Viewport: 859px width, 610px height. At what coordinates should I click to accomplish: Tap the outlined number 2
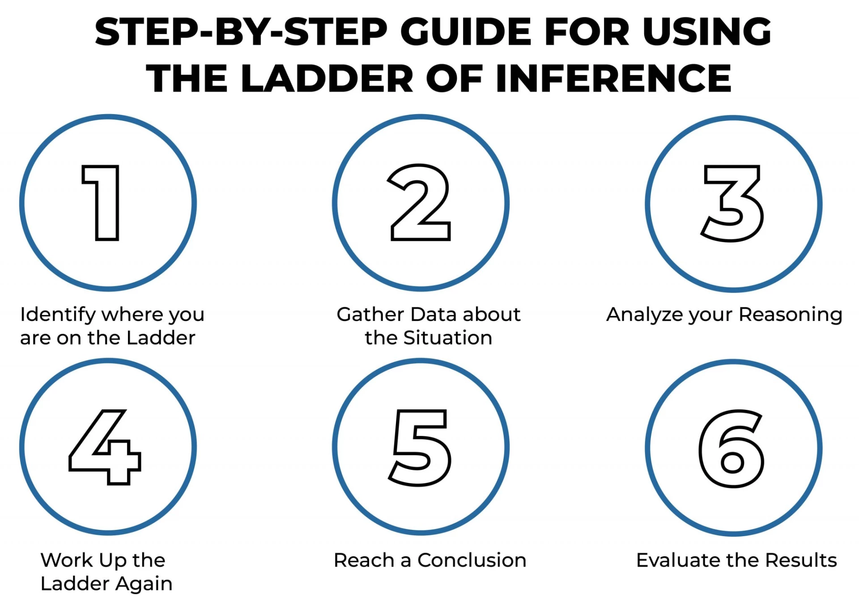coord(421,202)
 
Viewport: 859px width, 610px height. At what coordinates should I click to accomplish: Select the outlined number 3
coord(732,204)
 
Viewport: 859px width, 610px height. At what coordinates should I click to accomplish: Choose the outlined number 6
coord(732,448)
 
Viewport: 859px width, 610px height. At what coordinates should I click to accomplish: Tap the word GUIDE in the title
coord(466,32)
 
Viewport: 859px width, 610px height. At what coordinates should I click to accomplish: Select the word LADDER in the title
coord(327,78)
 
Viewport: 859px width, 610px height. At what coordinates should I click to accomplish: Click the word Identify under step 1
coord(58,315)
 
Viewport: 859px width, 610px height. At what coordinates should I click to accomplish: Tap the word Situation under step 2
coord(447,338)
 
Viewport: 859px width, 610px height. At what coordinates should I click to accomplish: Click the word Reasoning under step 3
coord(791,315)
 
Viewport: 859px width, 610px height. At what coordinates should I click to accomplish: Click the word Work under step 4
coord(67,560)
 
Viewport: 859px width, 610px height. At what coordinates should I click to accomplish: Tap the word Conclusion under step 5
coord(472,560)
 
